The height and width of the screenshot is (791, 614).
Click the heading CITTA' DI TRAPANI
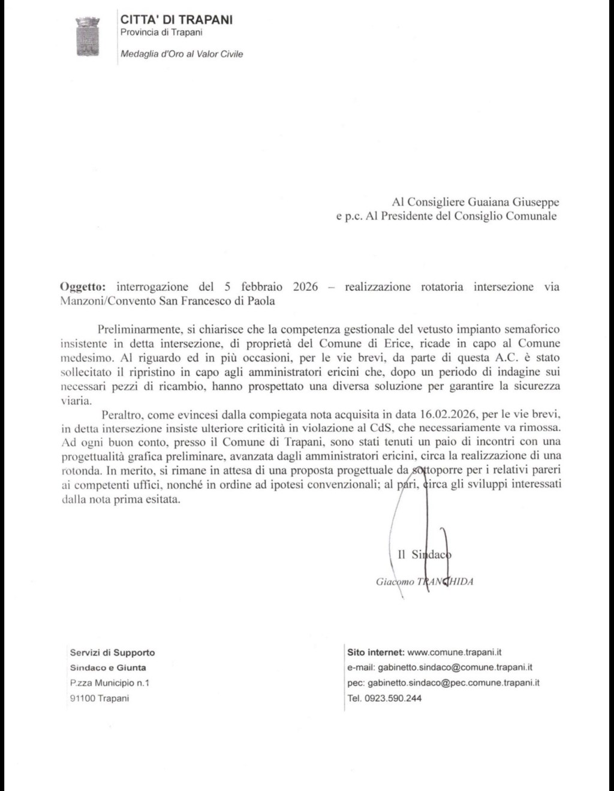pyautogui.click(x=176, y=19)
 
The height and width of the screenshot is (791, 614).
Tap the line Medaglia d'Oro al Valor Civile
pyautogui.click(x=182, y=54)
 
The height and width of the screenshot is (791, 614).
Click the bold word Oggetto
pyautogui.click(x=82, y=287)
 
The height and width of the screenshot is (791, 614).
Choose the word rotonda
pyautogui.click(x=82, y=471)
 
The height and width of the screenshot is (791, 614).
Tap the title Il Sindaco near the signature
pyautogui.click(x=425, y=555)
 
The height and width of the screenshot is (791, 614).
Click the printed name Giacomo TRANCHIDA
pyautogui.click(x=425, y=581)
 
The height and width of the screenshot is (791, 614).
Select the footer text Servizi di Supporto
pyautogui.click(x=112, y=652)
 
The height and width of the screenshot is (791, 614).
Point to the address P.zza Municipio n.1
pyautogui.click(x=110, y=682)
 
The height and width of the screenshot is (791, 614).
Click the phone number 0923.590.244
pyautogui.click(x=393, y=698)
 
